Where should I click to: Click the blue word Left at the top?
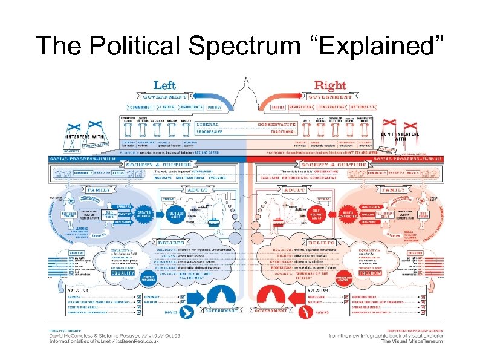coord(164,85)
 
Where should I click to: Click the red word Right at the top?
coord(331,85)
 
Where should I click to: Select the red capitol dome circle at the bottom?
coord(268,296)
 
